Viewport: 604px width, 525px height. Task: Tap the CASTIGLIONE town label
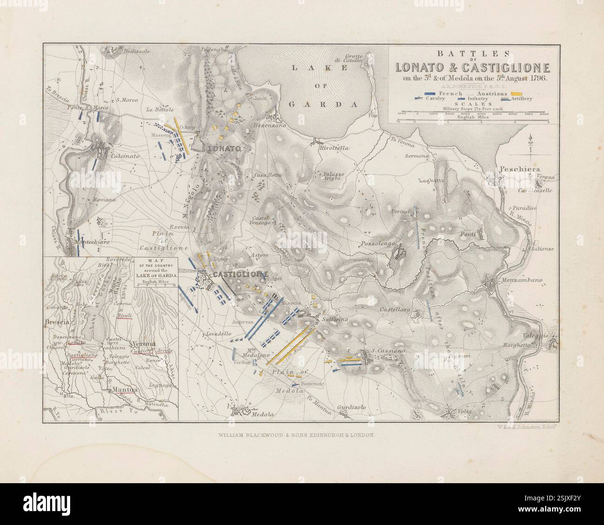pos(239,275)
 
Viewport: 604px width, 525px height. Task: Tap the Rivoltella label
pos(334,148)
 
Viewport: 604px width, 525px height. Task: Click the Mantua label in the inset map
pos(123,391)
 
